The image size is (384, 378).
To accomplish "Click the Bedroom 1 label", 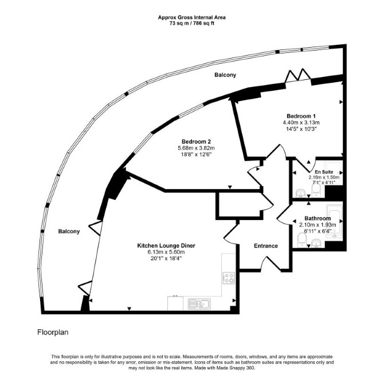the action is (x=301, y=116).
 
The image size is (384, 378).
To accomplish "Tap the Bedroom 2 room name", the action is (x=196, y=142).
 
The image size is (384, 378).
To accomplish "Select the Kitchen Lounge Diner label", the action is (x=166, y=245).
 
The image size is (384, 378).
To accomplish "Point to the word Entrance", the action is (x=266, y=246).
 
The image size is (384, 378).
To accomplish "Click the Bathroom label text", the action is (x=318, y=218).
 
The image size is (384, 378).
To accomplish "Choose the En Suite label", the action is (x=324, y=172).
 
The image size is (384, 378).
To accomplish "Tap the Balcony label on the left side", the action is (x=69, y=231).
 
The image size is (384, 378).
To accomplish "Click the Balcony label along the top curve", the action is (x=225, y=75).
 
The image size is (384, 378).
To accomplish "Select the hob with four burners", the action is (x=229, y=278).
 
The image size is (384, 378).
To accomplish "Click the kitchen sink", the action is (x=199, y=304).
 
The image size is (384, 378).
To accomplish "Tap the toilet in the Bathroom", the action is (x=301, y=240).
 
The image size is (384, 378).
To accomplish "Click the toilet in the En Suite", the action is (x=316, y=191).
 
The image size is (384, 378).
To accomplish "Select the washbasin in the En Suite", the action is (x=300, y=194).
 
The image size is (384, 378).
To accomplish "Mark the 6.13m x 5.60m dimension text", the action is (x=166, y=252).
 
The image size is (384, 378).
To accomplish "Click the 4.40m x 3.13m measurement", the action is (x=301, y=122).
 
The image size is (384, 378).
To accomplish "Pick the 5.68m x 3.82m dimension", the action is (x=196, y=148).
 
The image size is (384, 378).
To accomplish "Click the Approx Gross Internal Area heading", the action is (x=192, y=17).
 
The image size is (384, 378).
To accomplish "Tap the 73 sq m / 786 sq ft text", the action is (x=192, y=24).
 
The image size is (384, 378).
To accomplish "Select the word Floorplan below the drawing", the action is (x=53, y=333).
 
